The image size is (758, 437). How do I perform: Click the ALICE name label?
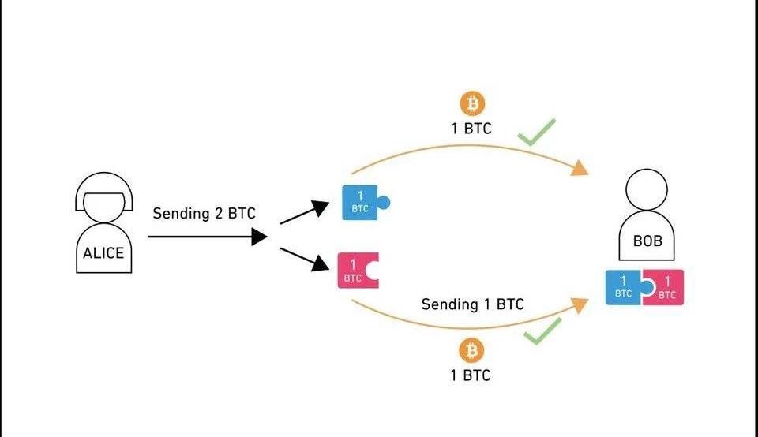103,253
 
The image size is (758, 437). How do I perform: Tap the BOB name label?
648,241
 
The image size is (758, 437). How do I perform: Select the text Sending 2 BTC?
204,213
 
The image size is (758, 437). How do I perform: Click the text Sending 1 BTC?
472,304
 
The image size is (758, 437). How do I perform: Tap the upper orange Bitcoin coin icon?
472,103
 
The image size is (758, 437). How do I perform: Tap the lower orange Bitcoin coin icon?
472,350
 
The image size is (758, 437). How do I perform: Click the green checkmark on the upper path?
537,132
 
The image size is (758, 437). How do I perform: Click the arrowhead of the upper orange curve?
580,168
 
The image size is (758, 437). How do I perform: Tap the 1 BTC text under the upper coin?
471,128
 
